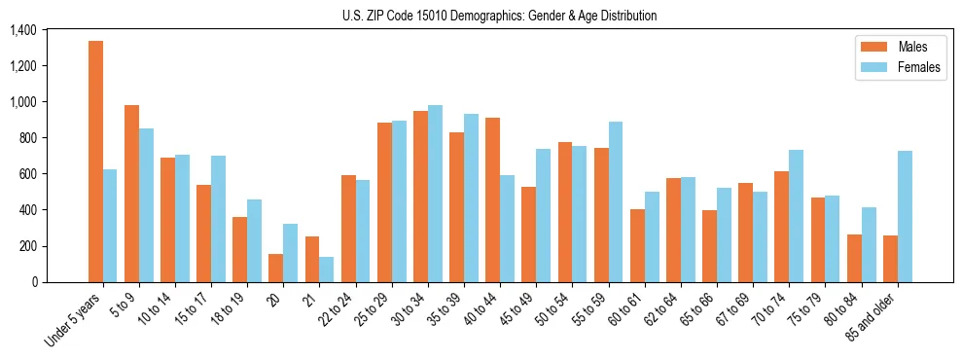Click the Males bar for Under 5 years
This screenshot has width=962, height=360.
point(95,162)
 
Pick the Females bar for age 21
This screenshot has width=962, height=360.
point(327,270)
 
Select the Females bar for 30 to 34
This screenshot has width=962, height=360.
point(435,194)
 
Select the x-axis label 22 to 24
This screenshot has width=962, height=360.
point(343,309)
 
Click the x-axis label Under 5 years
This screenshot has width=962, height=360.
point(75,320)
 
